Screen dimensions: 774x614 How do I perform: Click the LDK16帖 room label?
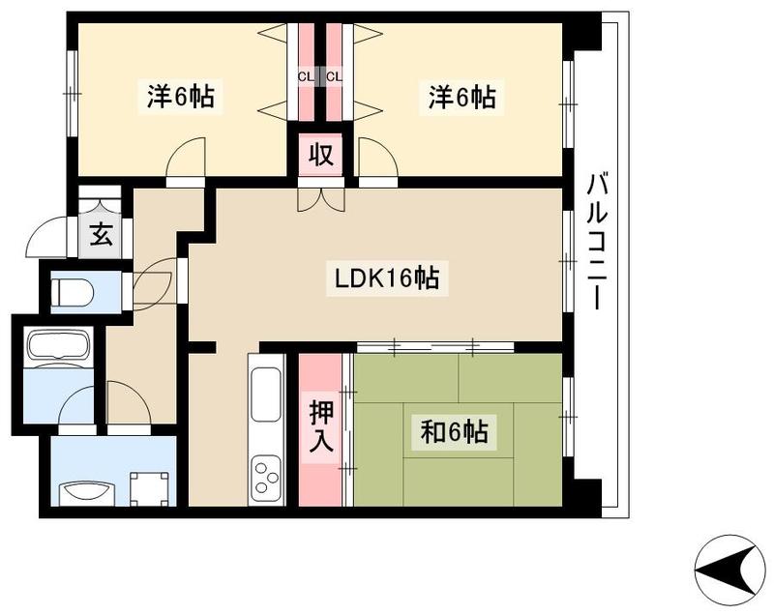click(388, 278)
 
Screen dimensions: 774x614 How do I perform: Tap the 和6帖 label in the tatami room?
click(454, 432)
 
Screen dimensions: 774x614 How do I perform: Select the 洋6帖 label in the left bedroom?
click(181, 96)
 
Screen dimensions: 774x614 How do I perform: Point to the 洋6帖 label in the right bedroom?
click(461, 96)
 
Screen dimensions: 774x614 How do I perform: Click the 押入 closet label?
click(321, 426)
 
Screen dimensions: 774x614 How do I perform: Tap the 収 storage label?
click(321, 155)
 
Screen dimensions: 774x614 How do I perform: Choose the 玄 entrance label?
click(101, 235)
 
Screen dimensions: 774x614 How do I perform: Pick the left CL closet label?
click(306, 77)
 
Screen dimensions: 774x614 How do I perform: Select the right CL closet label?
click(334, 77)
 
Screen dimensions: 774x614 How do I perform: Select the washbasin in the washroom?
click(87, 492)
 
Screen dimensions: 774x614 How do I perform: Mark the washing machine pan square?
click(150, 488)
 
